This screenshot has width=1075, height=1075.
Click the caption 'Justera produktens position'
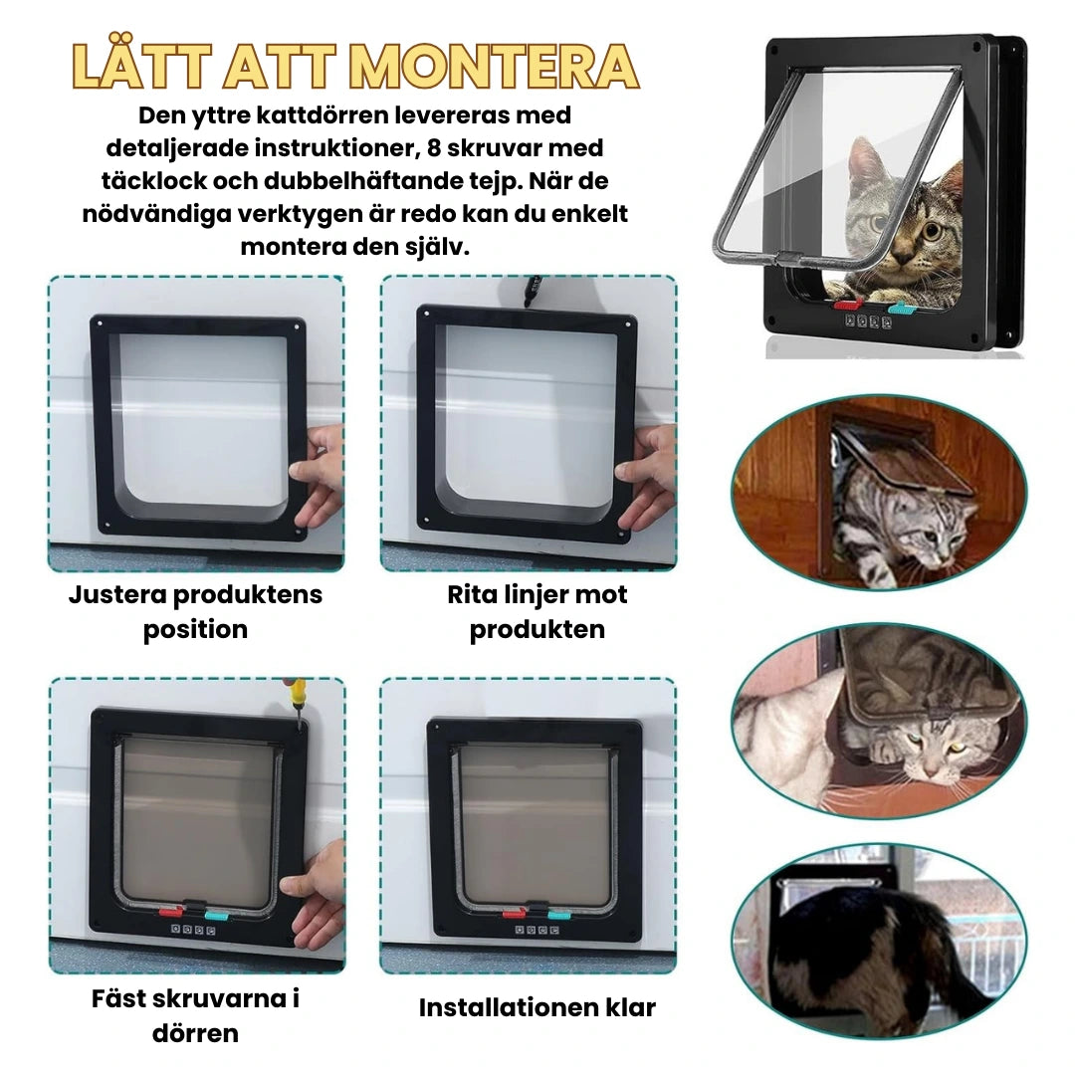pos(195,612)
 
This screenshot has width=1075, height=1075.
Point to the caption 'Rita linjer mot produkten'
pos(537,612)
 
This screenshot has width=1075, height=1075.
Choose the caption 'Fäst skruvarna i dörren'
pos(195,1015)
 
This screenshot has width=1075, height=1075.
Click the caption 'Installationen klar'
pos(537,1007)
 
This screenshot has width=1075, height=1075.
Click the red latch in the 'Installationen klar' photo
pos(514,911)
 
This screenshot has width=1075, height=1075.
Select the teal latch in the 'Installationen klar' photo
pos(556,911)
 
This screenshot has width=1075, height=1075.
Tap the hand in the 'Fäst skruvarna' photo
pos(316,891)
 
